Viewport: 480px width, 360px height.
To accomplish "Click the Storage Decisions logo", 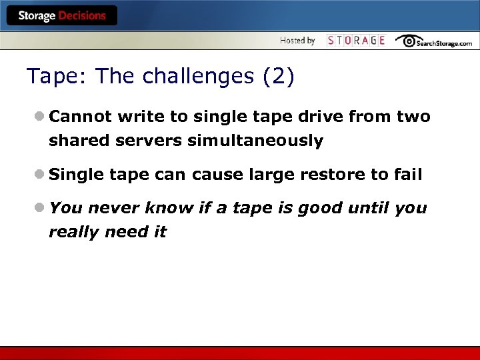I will (x=61, y=16).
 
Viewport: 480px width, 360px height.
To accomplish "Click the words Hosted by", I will (x=297, y=41).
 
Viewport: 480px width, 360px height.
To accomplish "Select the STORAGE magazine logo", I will (x=356, y=41).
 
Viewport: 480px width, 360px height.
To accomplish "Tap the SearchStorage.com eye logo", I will (x=409, y=41).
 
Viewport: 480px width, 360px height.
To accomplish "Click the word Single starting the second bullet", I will (x=77, y=175).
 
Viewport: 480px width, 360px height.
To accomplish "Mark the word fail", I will (x=408, y=175).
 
